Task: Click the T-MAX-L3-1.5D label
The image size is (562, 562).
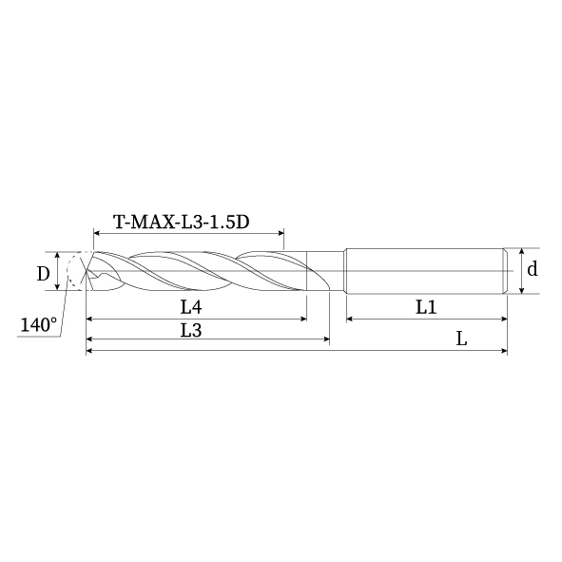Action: point(181,223)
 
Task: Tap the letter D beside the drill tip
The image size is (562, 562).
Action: point(43,274)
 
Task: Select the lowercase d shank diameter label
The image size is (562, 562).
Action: point(533,270)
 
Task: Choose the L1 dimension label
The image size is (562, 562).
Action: point(425,307)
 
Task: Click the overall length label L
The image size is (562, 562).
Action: point(461,339)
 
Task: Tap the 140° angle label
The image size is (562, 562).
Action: point(38,325)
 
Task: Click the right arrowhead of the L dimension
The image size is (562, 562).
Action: point(503,352)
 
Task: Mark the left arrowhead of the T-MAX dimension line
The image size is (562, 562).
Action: point(97,233)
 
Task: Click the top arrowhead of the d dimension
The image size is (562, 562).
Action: point(520,251)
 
